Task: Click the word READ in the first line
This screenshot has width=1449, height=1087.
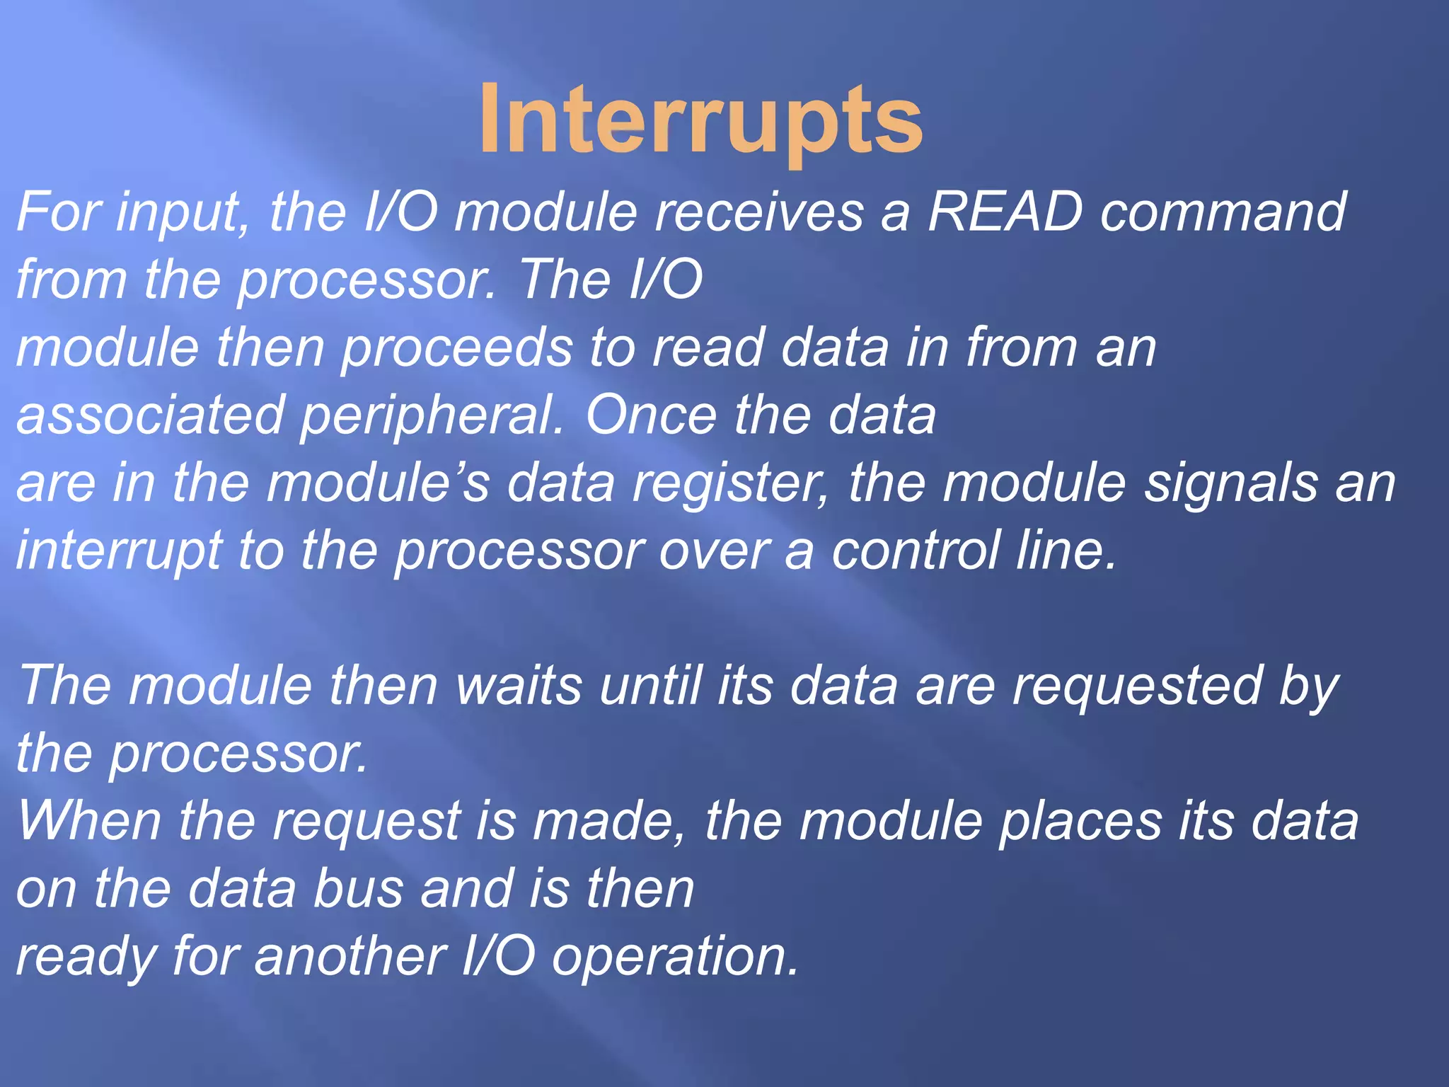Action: pos(1005,212)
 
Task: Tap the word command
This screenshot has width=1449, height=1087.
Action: pos(1223,212)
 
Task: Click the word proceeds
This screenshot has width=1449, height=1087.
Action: pos(456,348)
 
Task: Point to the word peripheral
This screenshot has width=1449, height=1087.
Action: pos(432,416)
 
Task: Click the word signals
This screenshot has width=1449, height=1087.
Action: pos(1231,483)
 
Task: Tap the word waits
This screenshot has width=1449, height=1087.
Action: pos(520,686)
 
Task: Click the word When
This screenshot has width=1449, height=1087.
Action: pos(88,821)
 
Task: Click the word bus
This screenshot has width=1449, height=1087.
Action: pos(358,889)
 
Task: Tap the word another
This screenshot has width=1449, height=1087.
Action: pos(350,957)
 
